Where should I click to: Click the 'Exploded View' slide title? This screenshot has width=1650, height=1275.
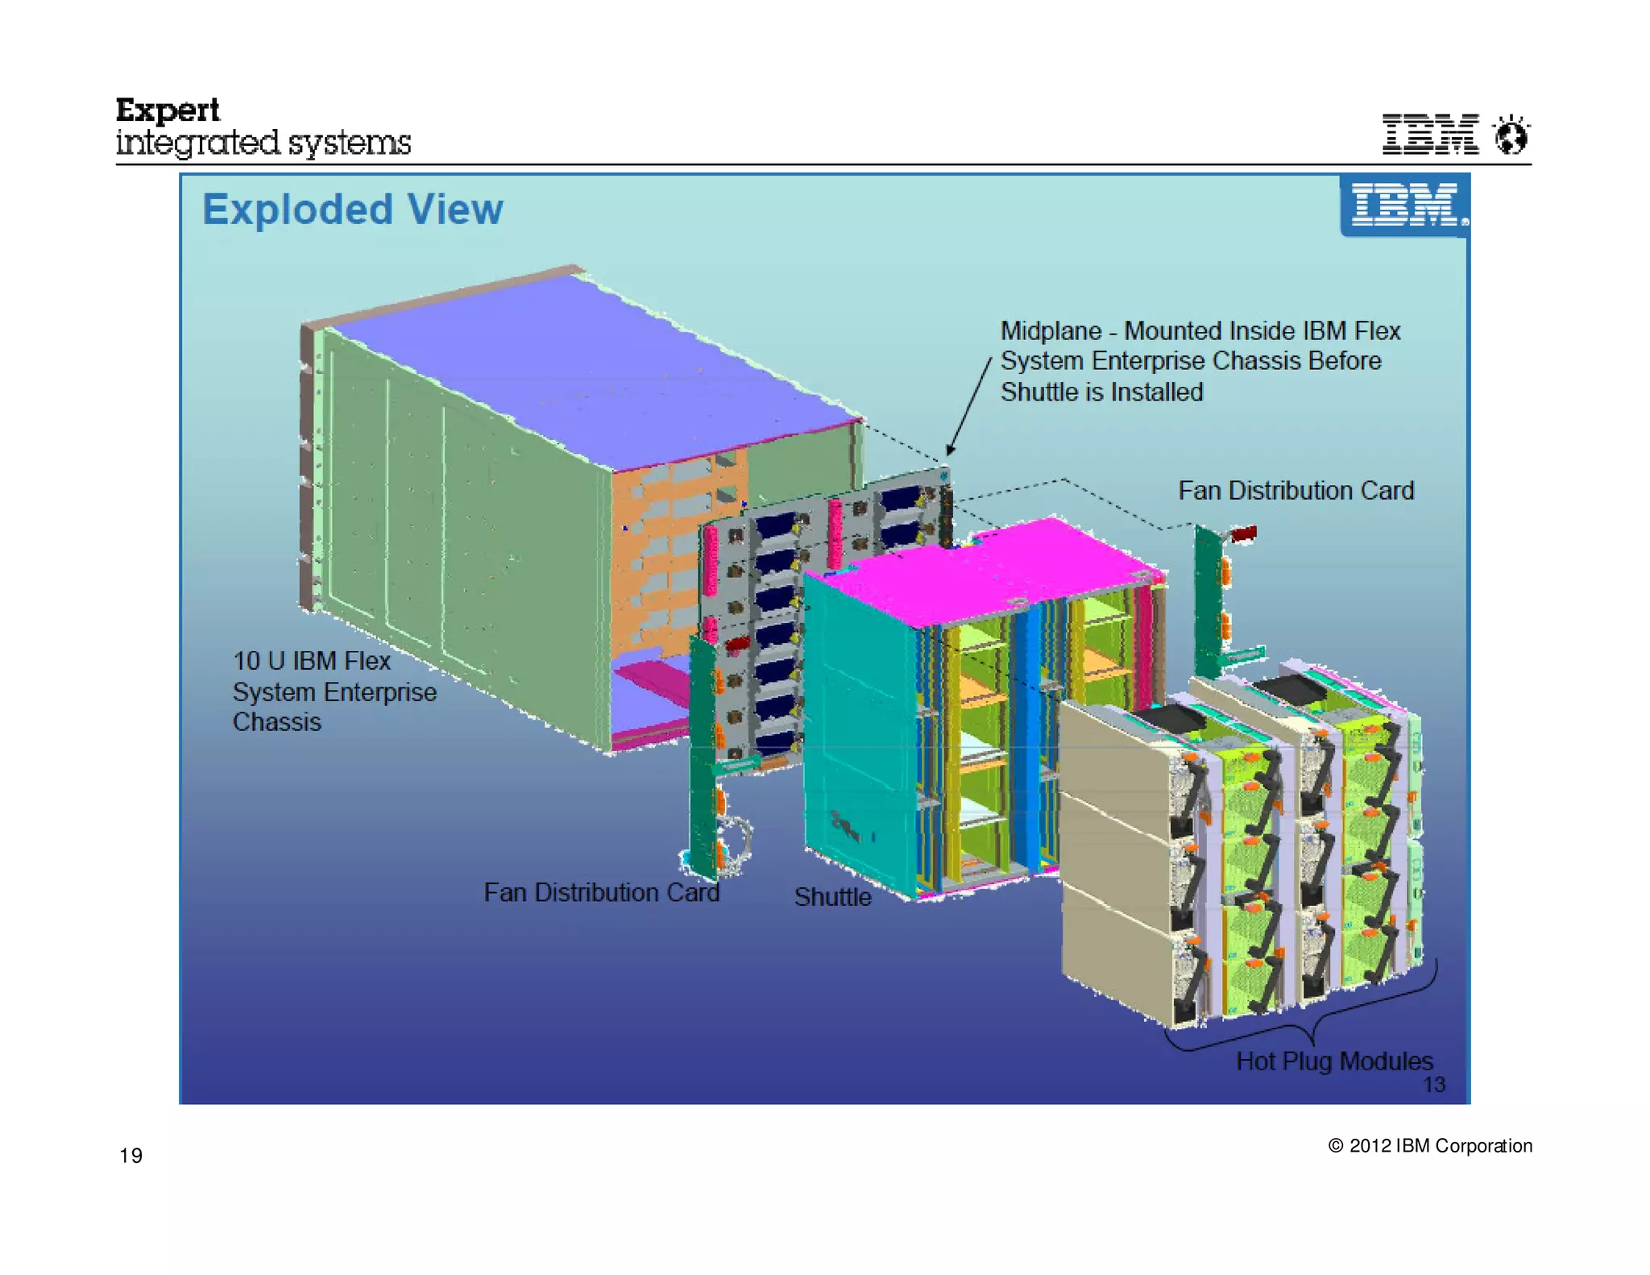coord(352,210)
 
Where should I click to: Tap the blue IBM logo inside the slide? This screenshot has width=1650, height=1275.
coord(1405,205)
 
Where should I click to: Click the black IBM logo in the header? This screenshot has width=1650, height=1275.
coord(1430,134)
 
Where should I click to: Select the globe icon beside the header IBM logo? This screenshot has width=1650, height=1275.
coord(1511,135)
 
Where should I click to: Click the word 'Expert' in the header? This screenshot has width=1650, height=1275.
coord(168,110)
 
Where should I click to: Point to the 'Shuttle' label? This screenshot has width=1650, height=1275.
coord(832,897)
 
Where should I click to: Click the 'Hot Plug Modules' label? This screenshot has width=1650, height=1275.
coord(1334,1061)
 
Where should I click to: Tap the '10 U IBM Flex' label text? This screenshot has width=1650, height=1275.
coord(312,661)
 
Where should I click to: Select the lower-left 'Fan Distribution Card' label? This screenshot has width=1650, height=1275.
coord(601,892)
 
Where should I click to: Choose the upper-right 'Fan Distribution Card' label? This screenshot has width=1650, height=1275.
coord(1296,490)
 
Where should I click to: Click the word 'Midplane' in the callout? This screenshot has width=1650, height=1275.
coord(1051,331)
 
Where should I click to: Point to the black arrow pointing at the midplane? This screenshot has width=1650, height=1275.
coord(968,407)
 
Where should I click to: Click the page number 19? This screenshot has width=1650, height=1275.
coord(131,1156)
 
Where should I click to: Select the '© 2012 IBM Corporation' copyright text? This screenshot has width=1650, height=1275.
coord(1429,1145)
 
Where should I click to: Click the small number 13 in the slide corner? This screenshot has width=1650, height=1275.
coord(1433,1085)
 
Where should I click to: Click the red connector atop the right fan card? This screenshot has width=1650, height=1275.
coord(1243,534)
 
